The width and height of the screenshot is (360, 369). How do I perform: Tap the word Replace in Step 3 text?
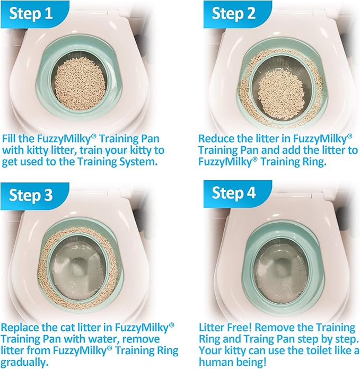pos(21,327)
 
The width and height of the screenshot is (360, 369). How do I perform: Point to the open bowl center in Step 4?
pos(282,268)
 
